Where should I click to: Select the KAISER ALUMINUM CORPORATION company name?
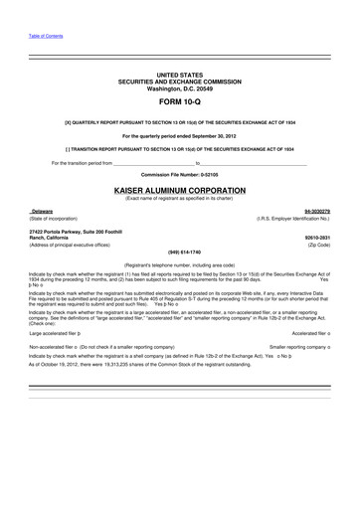tap(179, 187)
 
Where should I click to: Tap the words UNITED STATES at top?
tap(179, 75)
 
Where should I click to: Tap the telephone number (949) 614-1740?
tap(179, 252)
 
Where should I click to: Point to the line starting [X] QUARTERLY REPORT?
tap(179, 121)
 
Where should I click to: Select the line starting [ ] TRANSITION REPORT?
tap(179, 147)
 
